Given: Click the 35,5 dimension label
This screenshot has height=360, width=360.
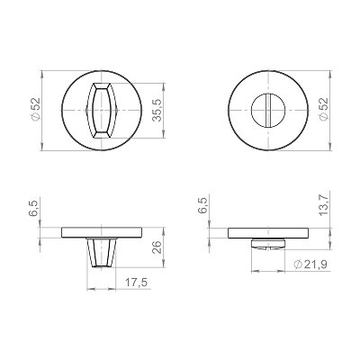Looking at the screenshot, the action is coord(157,111).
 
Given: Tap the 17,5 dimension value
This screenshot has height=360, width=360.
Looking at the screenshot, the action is coord(136,283).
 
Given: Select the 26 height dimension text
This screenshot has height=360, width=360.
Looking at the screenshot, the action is coord(157,247).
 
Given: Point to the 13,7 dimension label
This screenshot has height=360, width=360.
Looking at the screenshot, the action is coord(323,204).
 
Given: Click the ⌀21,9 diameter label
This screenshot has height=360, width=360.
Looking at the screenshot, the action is coord(310,265).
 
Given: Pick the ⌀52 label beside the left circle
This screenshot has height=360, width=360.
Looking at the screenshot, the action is coord(35,109).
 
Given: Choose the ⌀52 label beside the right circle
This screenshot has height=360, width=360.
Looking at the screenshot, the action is coord(324,110).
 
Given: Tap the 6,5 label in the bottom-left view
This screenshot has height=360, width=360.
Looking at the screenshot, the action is coord(34,209).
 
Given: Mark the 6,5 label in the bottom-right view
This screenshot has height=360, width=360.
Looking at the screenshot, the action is coord(202,205).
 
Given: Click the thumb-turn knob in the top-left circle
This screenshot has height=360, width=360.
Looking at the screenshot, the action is coord(101,111).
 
